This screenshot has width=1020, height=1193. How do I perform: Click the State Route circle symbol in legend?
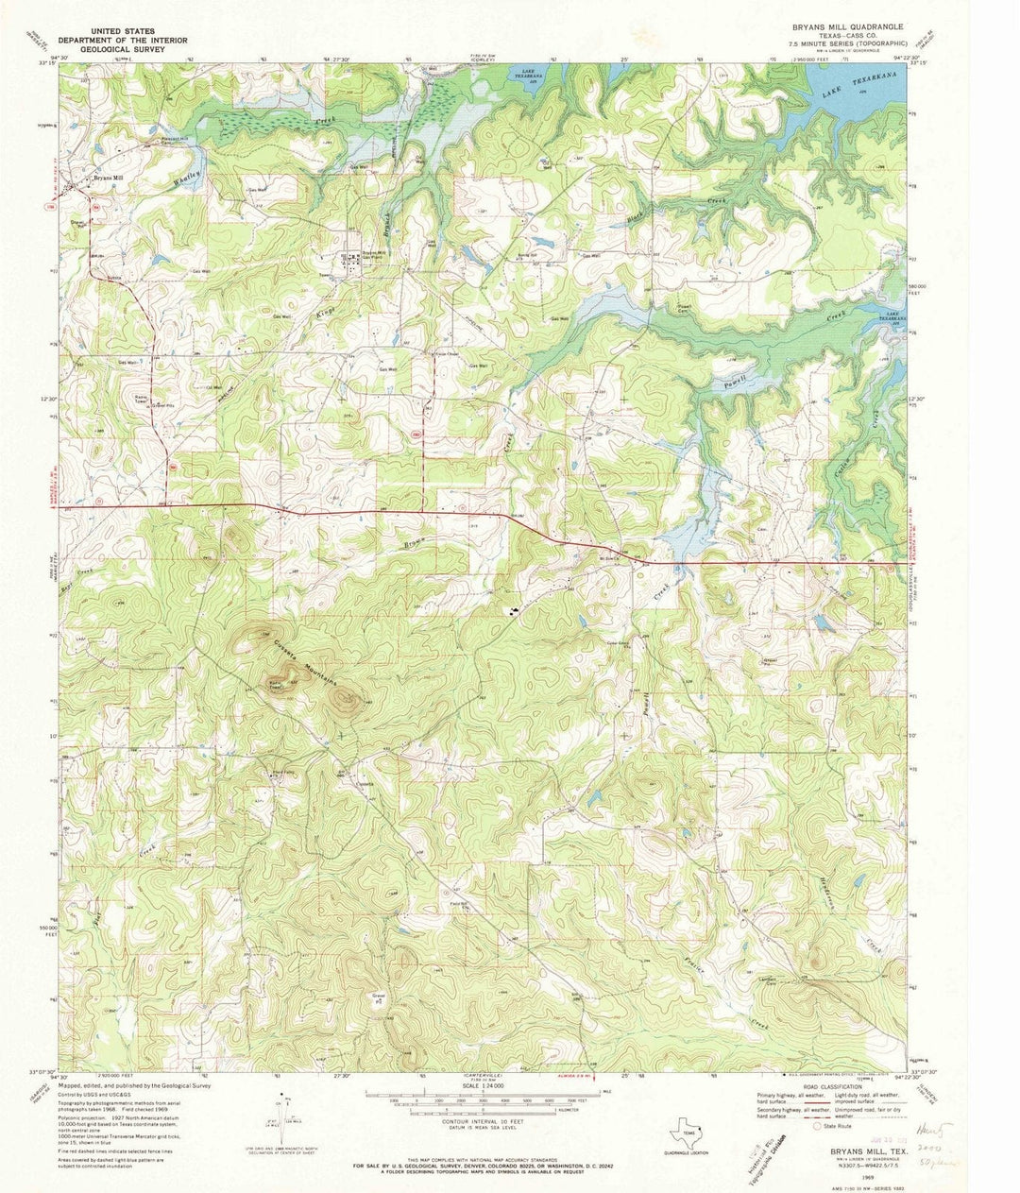[818, 1126]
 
